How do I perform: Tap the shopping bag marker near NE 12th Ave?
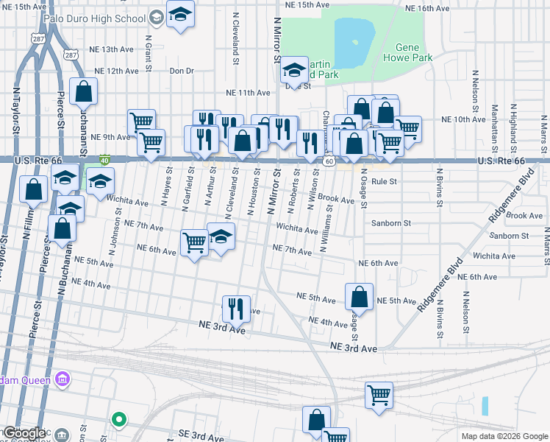click(x=85, y=93)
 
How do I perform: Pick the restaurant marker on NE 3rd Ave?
click(x=236, y=308)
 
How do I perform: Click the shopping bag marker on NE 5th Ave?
click(x=359, y=298)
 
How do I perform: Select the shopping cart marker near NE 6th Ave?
click(x=194, y=242)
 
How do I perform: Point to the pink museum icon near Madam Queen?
click(x=63, y=380)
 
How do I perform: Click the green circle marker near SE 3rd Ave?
click(x=118, y=419)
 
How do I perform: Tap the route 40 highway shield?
click(x=105, y=159)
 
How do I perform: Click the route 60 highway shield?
click(x=330, y=161)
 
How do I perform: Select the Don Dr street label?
click(x=181, y=71)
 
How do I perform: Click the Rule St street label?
click(x=384, y=180)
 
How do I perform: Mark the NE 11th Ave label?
click(x=249, y=93)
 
